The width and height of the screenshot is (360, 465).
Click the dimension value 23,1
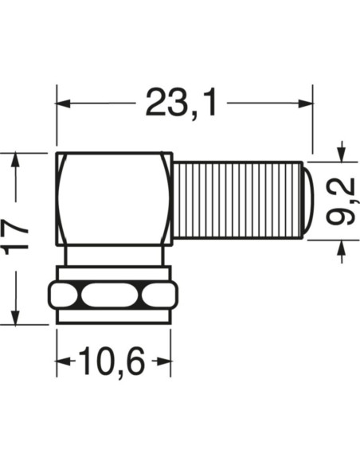pyautogui.click(x=181, y=104)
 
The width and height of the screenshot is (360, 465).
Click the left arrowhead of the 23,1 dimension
pyautogui.click(x=64, y=104)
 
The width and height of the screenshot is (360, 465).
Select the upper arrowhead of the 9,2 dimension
pyautogui.click(x=342, y=151)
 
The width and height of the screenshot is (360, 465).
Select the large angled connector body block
pyautogui.click(x=114, y=198)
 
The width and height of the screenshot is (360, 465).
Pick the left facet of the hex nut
pyautogui.click(x=65, y=297)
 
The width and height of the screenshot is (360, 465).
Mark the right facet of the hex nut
pyautogui.click(x=156, y=297)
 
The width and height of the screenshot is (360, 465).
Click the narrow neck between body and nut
pyautogui.click(x=114, y=256)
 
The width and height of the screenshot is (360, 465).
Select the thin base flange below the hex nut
pyautogui.click(x=114, y=317)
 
